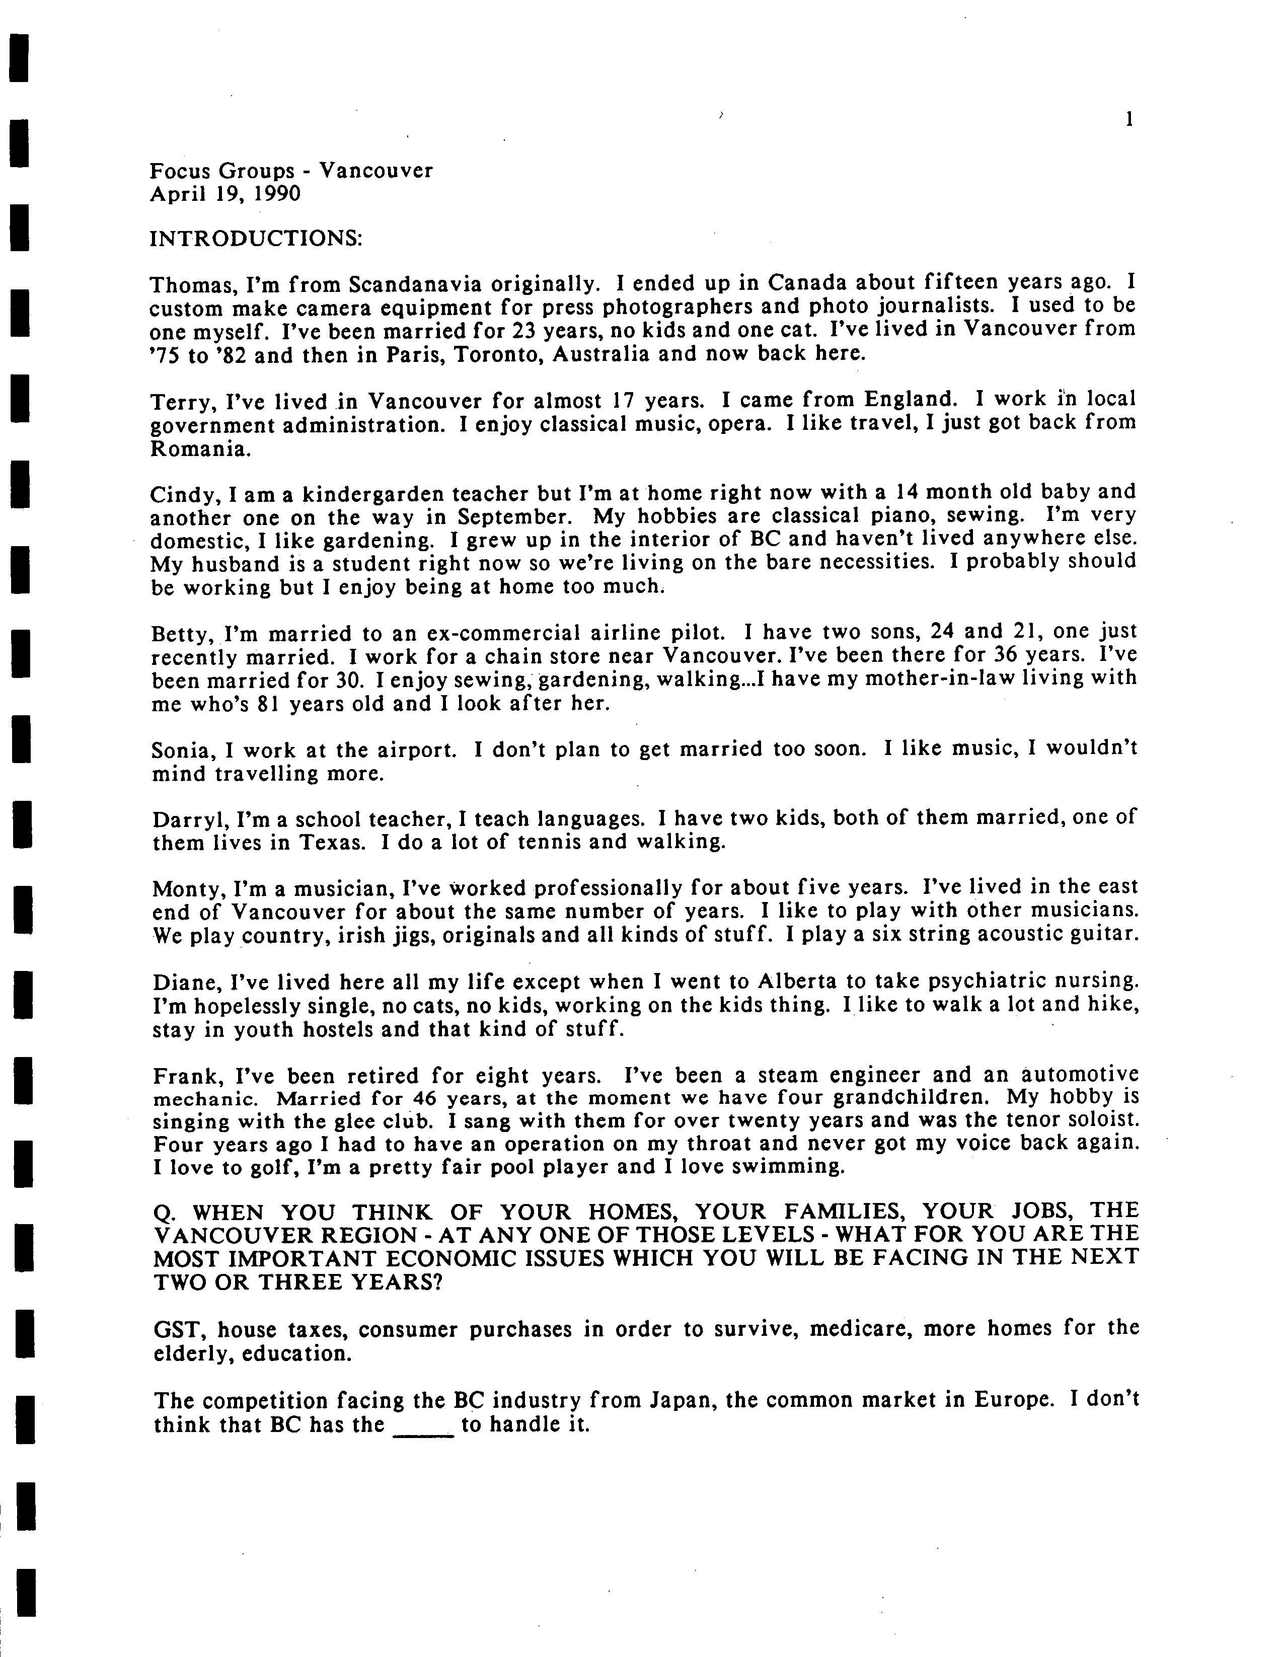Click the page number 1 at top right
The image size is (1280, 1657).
coord(1129,119)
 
